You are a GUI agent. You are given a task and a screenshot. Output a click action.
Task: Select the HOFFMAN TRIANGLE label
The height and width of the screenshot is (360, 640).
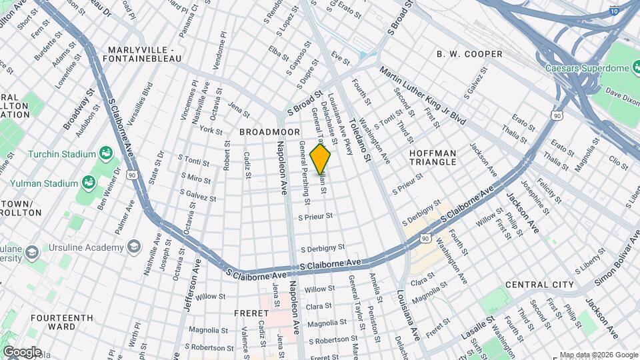pyautogui.click(x=433, y=157)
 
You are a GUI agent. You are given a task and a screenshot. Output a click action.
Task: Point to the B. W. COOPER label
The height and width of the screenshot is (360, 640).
pyautogui.click(x=469, y=54)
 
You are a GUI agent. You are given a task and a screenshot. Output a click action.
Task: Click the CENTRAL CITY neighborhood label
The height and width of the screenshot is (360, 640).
pyautogui.click(x=539, y=285)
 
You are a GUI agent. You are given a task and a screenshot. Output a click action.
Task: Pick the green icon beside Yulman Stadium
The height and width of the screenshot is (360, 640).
pyautogui.click(x=88, y=182)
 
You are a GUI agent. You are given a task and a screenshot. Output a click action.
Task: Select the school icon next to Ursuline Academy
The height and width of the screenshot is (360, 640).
pyautogui.click(x=133, y=247)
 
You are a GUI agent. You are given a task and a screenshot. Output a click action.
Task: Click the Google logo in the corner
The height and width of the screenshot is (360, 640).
pyautogui.click(x=22, y=351)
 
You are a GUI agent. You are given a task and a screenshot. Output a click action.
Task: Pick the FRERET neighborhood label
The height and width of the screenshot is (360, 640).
pyautogui.click(x=251, y=313)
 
